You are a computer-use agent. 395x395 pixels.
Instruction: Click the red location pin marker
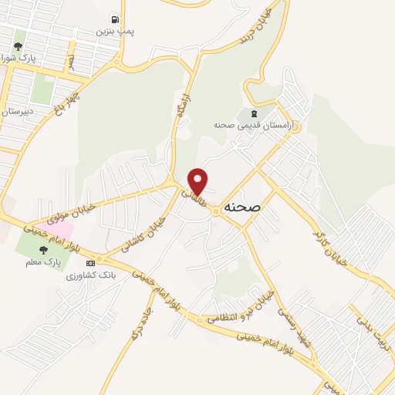[198, 181]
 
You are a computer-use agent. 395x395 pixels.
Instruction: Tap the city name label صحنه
[245, 208]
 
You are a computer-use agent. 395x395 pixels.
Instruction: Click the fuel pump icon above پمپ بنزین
[114, 19]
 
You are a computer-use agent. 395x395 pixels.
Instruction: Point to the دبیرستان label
[16, 110]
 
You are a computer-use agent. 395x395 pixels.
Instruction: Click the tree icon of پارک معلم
[43, 249]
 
